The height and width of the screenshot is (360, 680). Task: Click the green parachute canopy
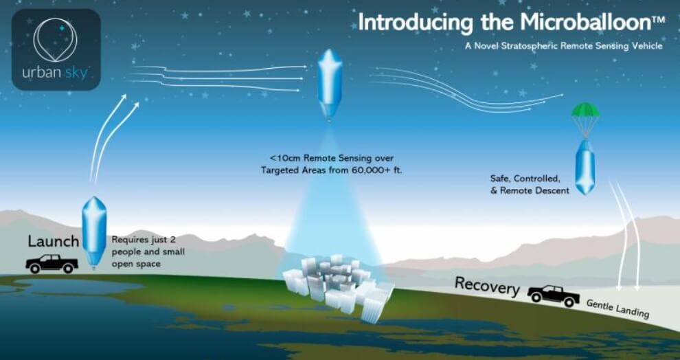click(x=585, y=110)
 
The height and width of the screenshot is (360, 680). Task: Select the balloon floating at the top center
click(x=330, y=84)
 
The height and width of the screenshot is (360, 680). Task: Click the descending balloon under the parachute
click(x=585, y=167)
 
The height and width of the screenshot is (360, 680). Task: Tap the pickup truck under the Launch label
click(x=52, y=264)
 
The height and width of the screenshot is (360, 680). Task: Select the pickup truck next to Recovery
click(x=554, y=296)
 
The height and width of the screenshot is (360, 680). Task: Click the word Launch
click(x=54, y=242)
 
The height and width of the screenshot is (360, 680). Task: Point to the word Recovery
click(x=487, y=286)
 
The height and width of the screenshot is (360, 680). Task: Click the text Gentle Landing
click(x=617, y=308)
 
